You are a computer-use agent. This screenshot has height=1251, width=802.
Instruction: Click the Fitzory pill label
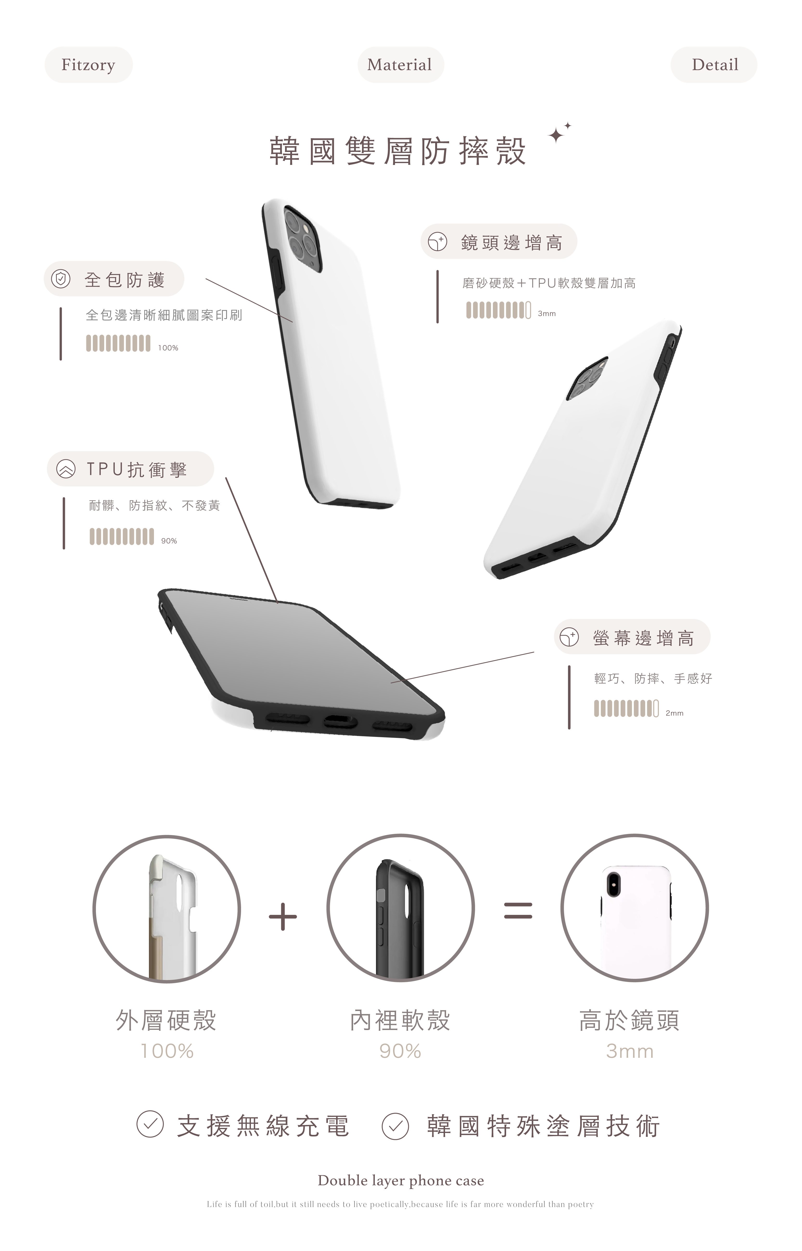tap(88, 64)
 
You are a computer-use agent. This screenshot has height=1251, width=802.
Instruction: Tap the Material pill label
tap(400, 64)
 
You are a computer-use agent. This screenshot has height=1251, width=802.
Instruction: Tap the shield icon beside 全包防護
tap(60, 279)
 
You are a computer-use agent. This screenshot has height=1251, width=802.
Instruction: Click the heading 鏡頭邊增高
tap(511, 243)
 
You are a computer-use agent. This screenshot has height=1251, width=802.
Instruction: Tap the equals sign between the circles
tap(518, 910)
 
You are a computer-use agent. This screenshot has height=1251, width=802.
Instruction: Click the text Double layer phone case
tap(401, 1181)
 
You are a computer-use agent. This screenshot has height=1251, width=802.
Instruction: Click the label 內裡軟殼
tap(400, 1020)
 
